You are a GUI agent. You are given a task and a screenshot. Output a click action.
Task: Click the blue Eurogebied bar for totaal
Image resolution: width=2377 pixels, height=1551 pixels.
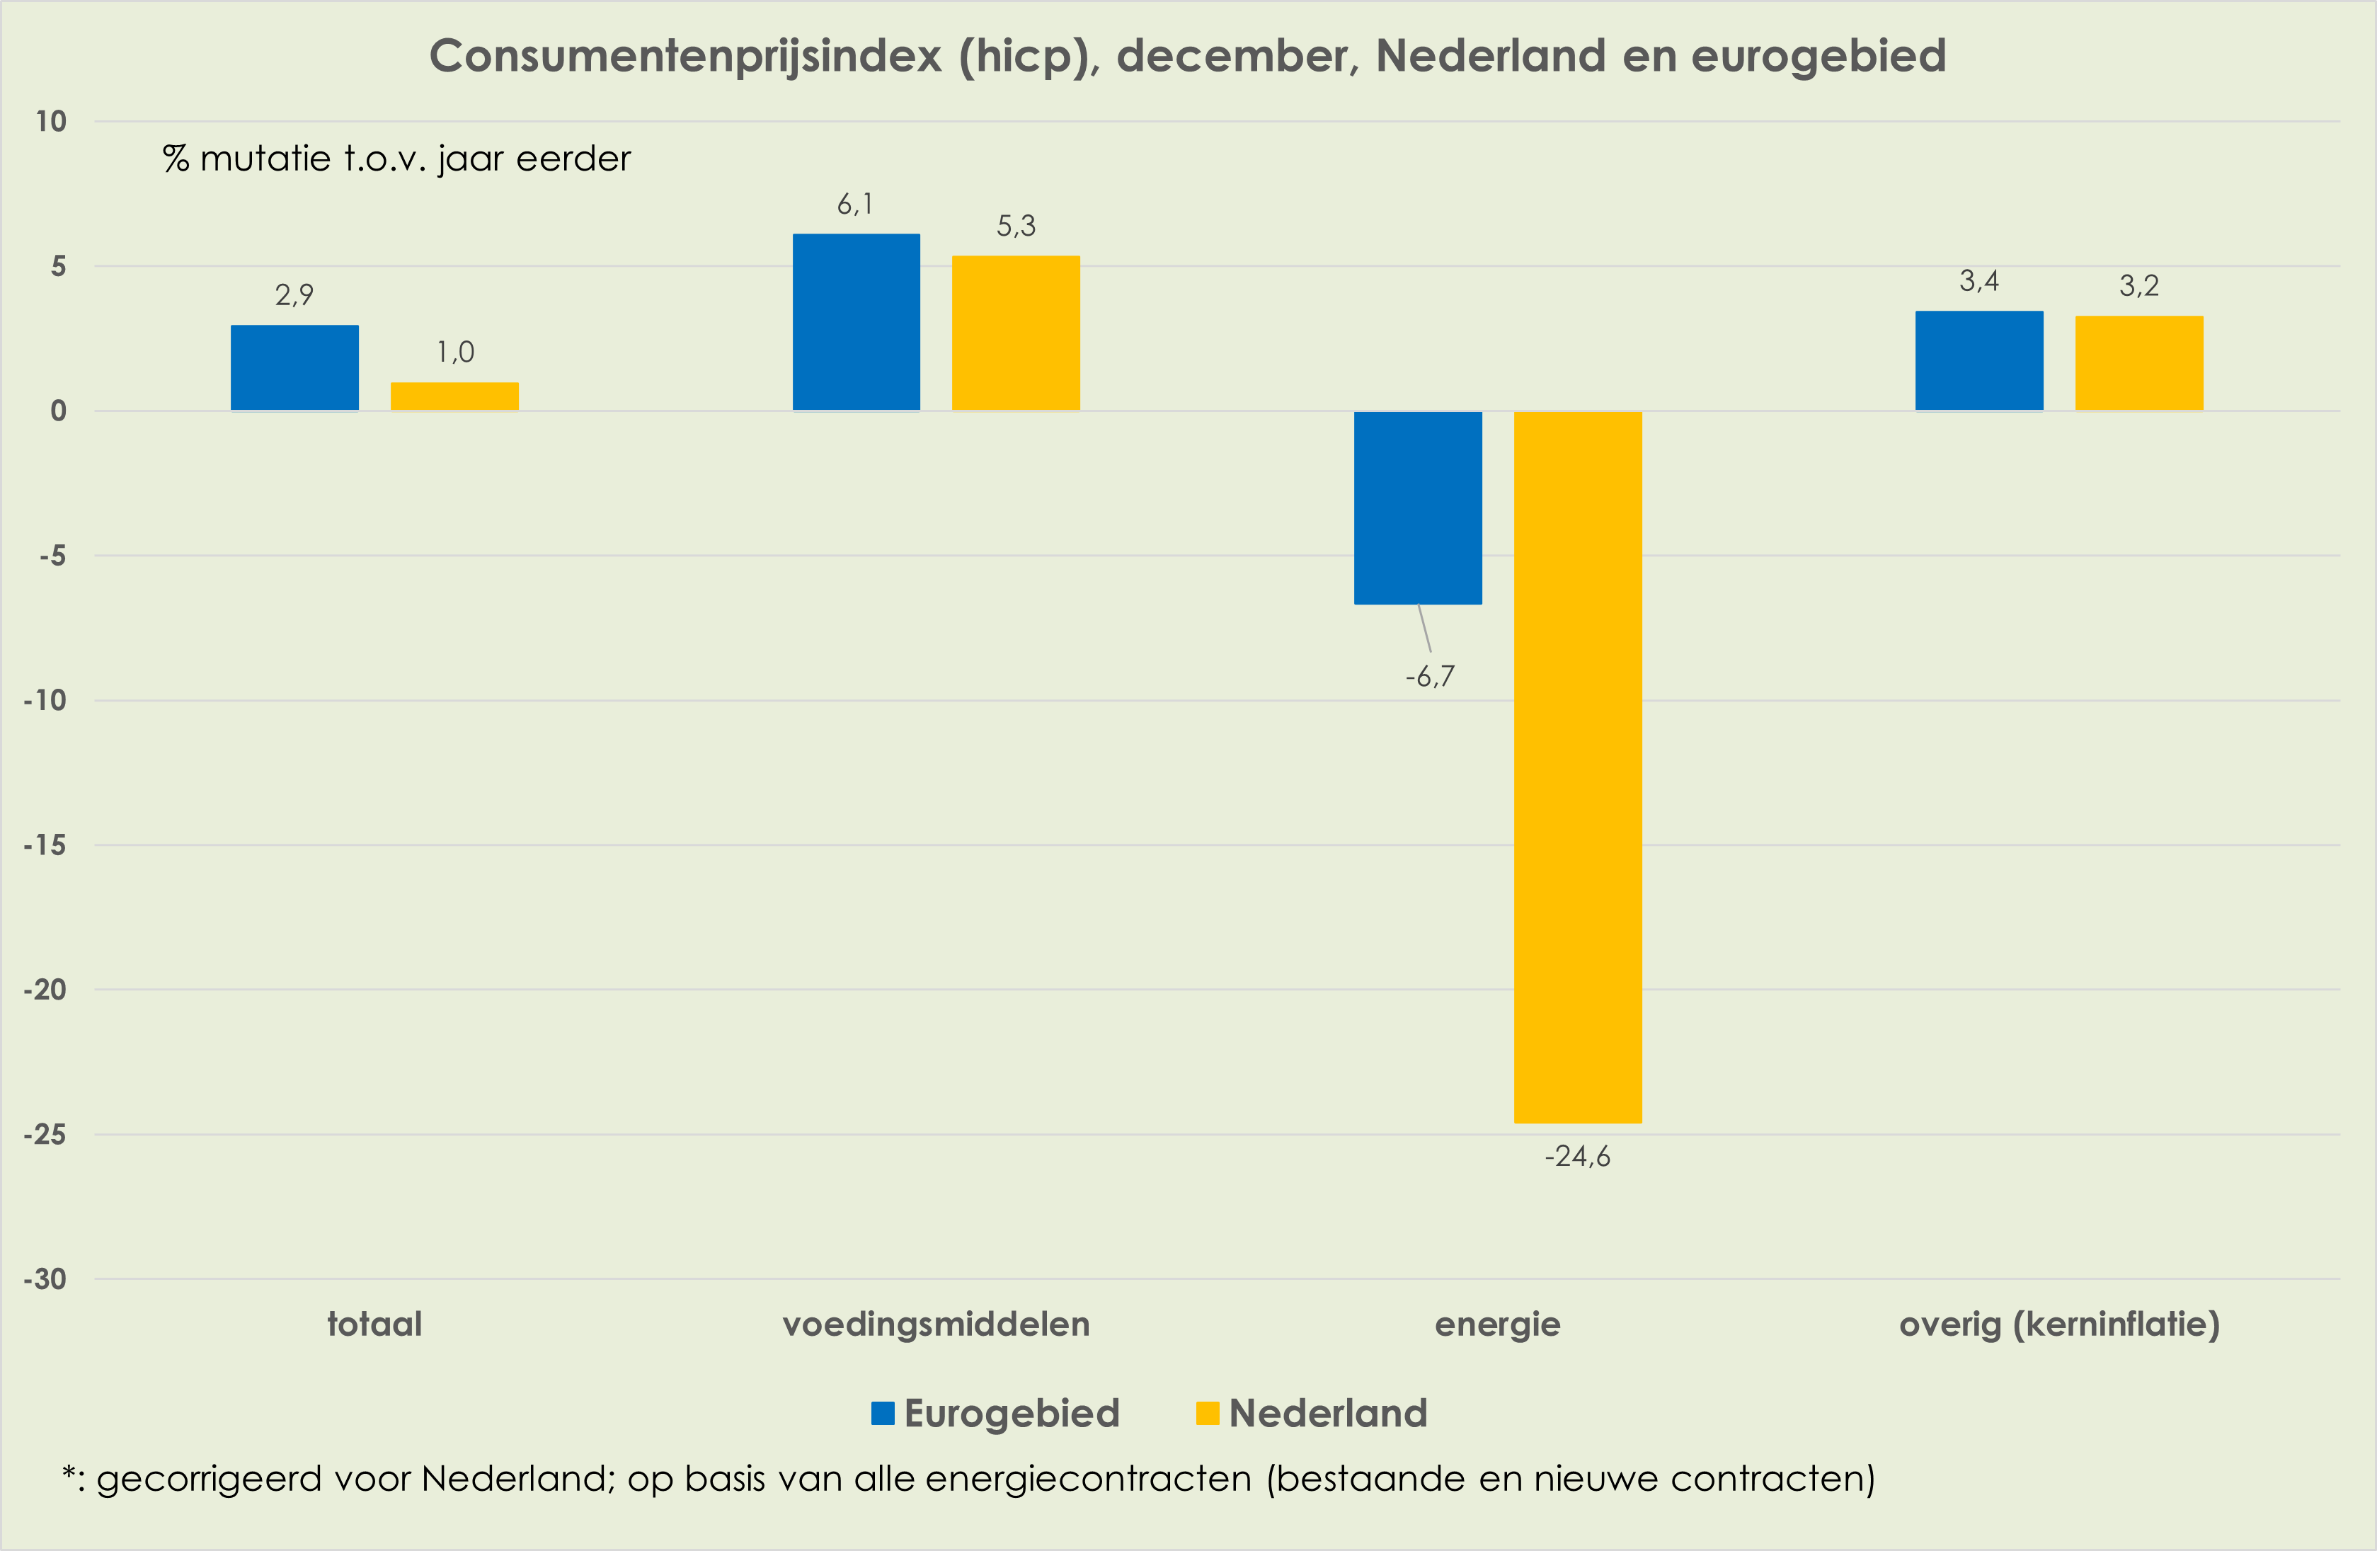point(294,367)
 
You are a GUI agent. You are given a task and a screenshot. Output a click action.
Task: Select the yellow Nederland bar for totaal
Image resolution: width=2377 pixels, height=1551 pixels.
point(454,396)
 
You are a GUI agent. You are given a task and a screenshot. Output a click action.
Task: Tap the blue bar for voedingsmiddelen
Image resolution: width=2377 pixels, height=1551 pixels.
point(856,321)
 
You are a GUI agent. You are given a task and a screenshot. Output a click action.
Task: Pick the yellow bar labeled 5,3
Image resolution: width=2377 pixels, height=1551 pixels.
point(1016,333)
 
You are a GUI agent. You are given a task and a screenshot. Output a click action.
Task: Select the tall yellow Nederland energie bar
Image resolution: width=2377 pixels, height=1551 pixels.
point(1577,767)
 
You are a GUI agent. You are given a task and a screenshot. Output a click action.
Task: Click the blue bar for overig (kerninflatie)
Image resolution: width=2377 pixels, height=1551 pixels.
point(1978,360)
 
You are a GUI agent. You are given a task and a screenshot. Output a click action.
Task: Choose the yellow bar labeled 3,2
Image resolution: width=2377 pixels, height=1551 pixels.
point(2138,362)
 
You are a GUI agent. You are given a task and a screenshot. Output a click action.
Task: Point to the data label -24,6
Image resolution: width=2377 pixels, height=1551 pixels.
point(1577,1157)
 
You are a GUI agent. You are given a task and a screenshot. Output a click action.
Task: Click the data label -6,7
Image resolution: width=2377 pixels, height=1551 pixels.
point(1429,677)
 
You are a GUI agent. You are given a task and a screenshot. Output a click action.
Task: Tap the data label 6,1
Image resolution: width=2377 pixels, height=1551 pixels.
point(855,205)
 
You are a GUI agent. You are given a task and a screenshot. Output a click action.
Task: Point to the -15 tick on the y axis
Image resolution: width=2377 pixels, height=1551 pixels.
point(45,845)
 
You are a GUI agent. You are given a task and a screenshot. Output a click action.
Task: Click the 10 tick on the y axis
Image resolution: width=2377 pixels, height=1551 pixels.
point(51,122)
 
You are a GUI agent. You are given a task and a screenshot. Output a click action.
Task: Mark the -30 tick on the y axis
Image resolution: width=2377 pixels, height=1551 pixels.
point(45,1279)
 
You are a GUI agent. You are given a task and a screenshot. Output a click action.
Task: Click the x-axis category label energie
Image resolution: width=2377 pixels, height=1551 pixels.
point(1497,1324)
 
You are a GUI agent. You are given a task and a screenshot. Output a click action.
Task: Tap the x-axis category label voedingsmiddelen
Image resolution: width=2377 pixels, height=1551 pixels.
point(936,1324)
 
